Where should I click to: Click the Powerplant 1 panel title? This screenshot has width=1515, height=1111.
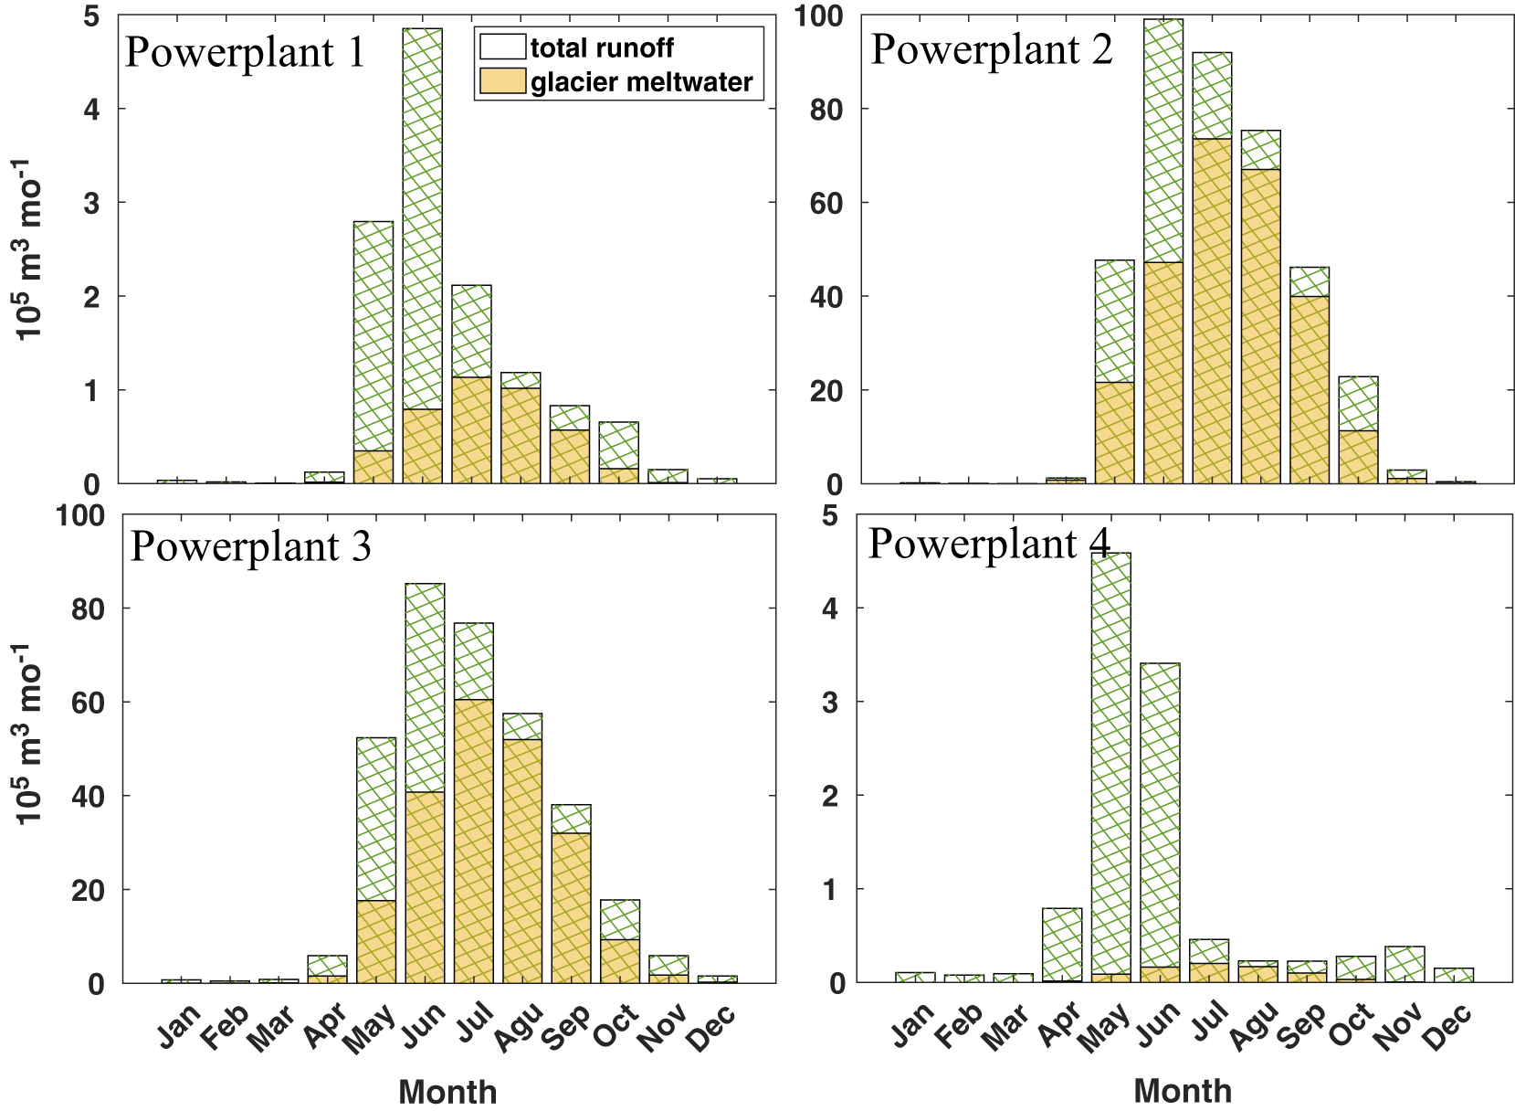[245, 53]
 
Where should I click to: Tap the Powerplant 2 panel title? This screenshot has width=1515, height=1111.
[992, 50]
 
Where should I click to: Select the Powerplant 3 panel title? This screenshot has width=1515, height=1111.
[251, 546]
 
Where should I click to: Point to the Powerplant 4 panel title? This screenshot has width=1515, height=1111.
[989, 544]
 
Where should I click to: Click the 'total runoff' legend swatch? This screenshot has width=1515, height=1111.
[502, 47]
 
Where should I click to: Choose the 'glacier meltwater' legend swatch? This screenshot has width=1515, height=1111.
[502, 81]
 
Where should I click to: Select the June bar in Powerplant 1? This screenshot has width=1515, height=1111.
[422, 256]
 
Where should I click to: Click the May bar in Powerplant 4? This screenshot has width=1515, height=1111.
[1111, 767]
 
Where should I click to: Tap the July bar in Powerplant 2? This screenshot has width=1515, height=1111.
[1212, 268]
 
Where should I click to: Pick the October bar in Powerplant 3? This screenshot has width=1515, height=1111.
[620, 941]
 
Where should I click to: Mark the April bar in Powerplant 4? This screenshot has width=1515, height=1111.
[1062, 946]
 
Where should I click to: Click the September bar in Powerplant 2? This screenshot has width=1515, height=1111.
[1310, 376]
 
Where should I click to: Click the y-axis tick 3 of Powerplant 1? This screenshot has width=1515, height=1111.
[92, 203]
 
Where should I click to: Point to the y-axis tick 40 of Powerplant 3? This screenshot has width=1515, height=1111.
[89, 797]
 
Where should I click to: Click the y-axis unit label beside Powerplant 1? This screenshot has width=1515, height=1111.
[28, 249]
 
